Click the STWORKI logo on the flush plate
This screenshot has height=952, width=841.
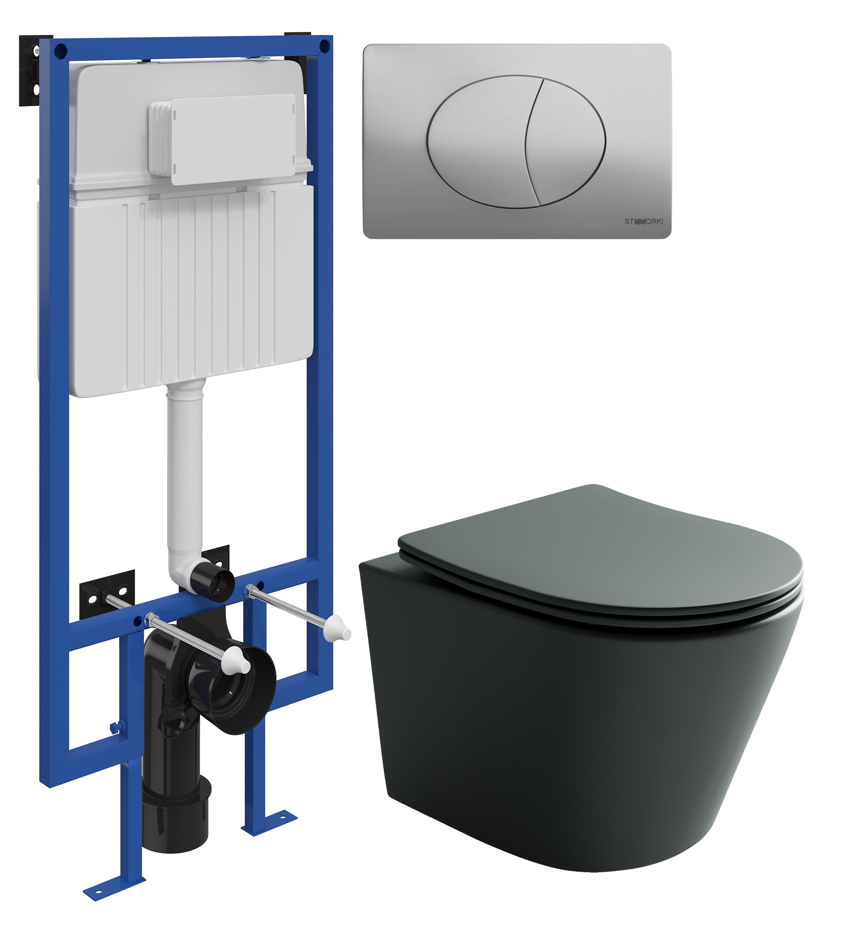click(x=644, y=221)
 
